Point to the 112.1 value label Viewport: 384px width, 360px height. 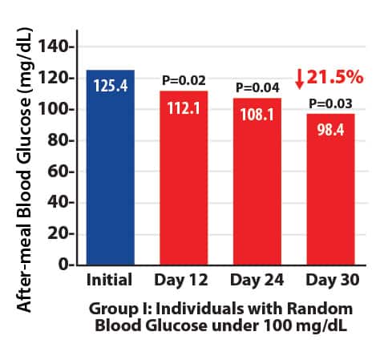(184, 105)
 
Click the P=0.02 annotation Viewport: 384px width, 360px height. (184, 80)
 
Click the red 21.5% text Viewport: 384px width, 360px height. (337, 77)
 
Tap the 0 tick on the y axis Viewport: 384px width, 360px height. (67, 264)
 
